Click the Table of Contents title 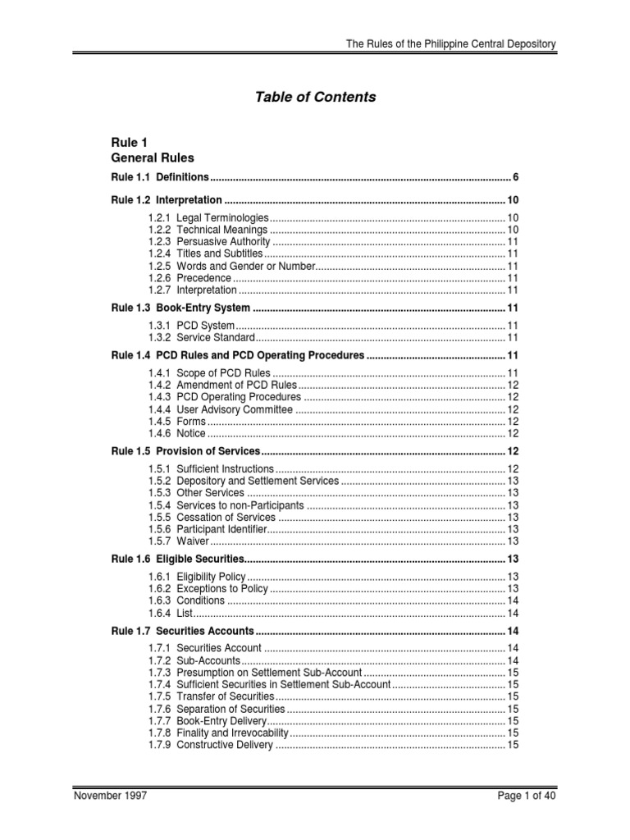coord(316,97)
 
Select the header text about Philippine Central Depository coord(450,43)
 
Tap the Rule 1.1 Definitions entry coord(161,177)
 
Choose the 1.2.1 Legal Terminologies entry coord(208,217)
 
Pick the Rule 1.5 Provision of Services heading coord(185,452)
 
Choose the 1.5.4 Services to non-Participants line coord(227,504)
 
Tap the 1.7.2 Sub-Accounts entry coord(194,660)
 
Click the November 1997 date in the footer coord(111,796)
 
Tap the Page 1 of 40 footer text coord(526,796)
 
